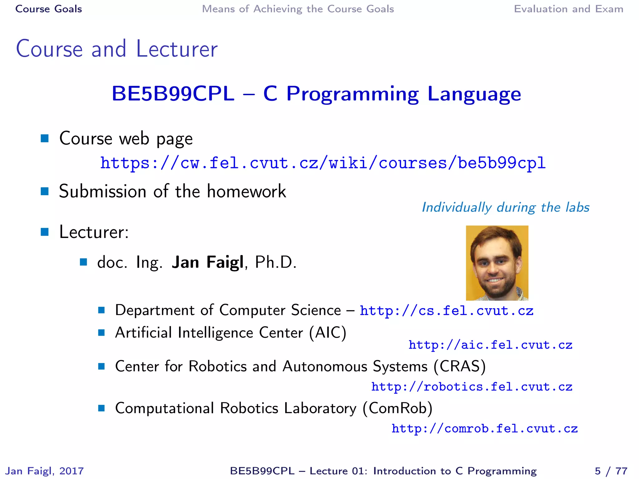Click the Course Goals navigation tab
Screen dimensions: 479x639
(x=49, y=9)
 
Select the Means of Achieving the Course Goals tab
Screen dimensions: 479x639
(x=298, y=9)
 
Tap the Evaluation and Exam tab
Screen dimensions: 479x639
(x=568, y=9)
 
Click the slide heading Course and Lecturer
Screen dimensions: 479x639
(x=117, y=49)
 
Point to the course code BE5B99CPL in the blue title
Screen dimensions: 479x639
(x=173, y=94)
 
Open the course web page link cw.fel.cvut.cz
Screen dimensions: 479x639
(x=323, y=163)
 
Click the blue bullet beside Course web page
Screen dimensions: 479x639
(x=45, y=138)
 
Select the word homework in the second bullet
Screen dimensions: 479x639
(x=246, y=191)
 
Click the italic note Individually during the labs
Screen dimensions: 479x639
(x=505, y=207)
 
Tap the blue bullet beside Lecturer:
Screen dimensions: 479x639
(x=45, y=232)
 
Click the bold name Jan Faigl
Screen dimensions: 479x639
(x=207, y=262)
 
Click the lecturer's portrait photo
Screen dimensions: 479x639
(x=497, y=263)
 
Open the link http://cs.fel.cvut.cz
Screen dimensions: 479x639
(x=446, y=311)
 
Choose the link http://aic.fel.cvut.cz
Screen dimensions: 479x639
(x=490, y=345)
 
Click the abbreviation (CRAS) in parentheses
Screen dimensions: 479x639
(x=460, y=366)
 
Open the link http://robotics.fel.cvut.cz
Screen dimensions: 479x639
(x=472, y=387)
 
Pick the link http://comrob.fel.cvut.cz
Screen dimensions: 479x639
(x=485, y=429)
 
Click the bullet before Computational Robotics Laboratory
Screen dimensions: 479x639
(x=101, y=408)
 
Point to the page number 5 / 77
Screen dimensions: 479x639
(x=611, y=471)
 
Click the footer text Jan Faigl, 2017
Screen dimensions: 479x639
(x=45, y=471)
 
